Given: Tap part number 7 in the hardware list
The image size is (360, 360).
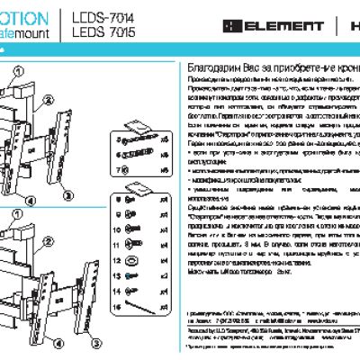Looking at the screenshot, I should pos(118,168).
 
